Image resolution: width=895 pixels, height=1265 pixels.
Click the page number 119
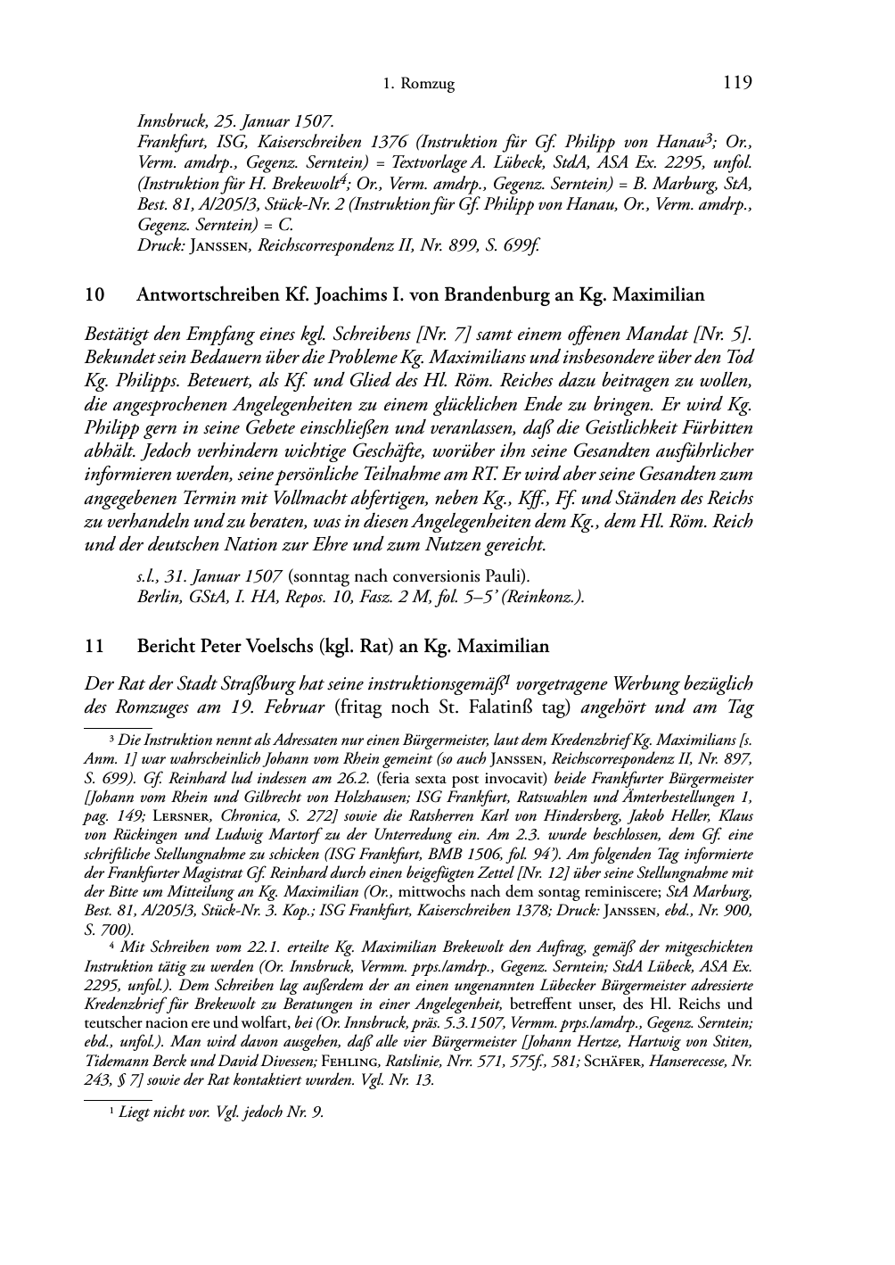pos(737,83)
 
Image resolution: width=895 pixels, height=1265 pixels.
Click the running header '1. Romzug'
pos(418,85)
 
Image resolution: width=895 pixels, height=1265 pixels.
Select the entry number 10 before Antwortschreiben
pos(94,294)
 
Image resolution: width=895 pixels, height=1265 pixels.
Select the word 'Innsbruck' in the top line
pos(168,120)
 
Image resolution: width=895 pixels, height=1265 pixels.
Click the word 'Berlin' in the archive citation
pos(157,597)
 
